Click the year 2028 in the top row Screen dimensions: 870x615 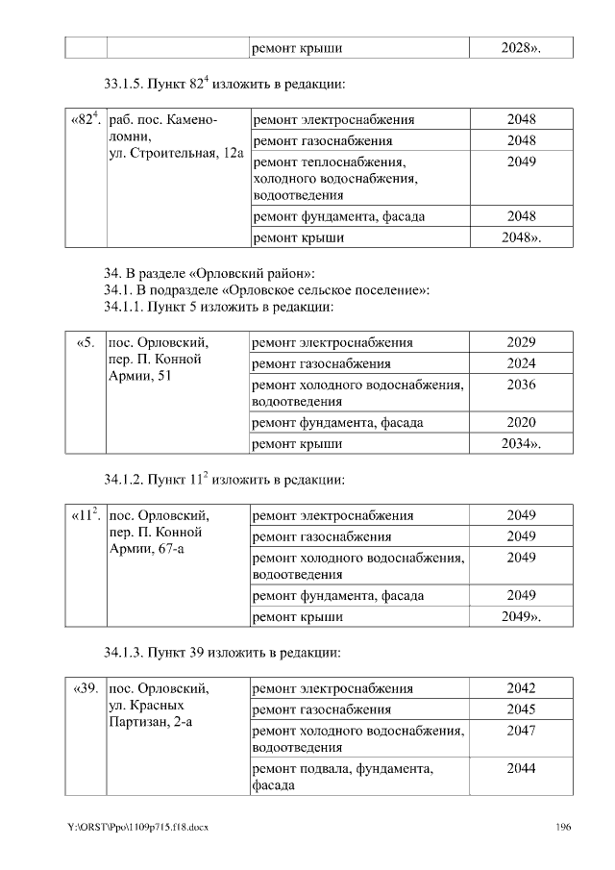point(521,47)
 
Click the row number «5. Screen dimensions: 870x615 point(86,342)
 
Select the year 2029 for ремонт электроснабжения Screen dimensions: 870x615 point(521,342)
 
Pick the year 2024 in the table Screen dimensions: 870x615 point(521,363)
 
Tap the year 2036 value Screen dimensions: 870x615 point(521,385)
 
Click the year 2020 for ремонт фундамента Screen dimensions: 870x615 point(521,422)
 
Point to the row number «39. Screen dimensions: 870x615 point(86,688)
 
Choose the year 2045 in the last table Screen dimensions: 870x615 point(521,709)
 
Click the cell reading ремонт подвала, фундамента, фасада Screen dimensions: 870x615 point(342,777)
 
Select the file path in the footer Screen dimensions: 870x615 point(138,828)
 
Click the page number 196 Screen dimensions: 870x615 point(564,828)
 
